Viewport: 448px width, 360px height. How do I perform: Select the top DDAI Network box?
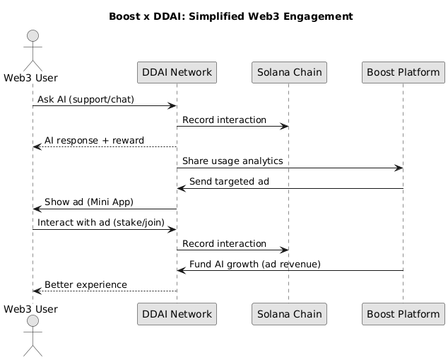177,72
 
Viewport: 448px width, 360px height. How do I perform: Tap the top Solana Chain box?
289,72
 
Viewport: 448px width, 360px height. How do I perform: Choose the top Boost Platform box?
403,72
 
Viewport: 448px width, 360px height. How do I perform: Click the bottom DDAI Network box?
177,314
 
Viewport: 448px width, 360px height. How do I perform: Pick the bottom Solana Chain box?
289,314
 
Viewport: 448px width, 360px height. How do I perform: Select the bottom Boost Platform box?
403,314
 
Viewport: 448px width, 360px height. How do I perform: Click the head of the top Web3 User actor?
33,36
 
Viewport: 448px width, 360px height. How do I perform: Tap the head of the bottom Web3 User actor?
33,321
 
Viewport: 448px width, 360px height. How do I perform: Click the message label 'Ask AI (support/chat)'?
86,99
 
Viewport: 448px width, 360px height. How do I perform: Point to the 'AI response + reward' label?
94,141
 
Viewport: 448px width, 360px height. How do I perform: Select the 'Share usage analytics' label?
232,161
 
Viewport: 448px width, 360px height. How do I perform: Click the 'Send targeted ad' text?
229,182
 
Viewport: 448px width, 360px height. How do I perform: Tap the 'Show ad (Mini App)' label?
89,202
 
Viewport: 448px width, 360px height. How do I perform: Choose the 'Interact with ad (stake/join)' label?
101,223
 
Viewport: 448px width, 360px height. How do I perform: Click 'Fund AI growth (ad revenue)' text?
255,264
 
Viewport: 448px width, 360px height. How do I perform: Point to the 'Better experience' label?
86,284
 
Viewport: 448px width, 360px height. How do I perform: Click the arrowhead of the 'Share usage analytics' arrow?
399,168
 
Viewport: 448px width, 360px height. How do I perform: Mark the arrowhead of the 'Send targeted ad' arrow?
182,188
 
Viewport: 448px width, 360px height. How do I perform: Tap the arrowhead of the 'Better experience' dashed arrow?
37,291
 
